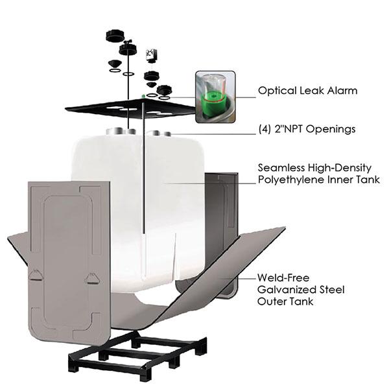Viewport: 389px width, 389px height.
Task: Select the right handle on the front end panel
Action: (x=91, y=277)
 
